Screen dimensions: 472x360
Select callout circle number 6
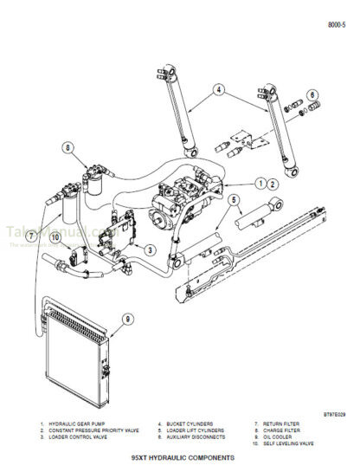pos(312,95)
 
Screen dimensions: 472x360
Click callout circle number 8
pos(68,148)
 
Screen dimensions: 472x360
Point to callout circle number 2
pos(272,184)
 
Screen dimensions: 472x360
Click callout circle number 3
pos(151,250)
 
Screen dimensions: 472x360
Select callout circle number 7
pos(31,236)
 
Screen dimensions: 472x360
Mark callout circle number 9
pos(128,319)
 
